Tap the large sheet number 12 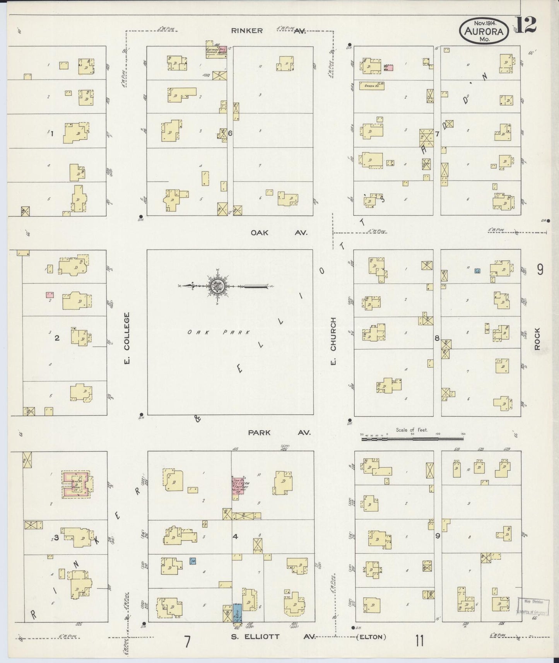(526, 25)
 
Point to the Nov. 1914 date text (484, 22)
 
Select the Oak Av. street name (279, 233)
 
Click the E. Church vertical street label (333, 340)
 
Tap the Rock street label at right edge (537, 339)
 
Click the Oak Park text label (219, 332)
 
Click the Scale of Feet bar (412, 439)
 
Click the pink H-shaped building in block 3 (77, 484)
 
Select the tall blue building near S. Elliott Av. (238, 614)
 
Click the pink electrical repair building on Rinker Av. (217, 51)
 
